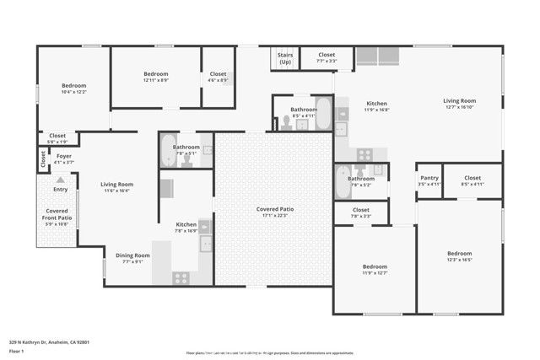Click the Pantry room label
(429, 178)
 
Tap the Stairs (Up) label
(285, 58)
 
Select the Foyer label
(64, 156)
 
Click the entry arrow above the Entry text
(60, 180)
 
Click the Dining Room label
(132, 255)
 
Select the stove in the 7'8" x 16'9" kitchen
(181, 277)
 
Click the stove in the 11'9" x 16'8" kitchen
(364, 154)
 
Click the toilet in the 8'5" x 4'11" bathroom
(286, 123)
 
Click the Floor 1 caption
(17, 353)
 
